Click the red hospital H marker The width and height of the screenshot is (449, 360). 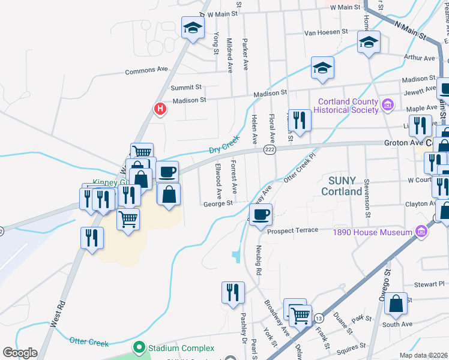coord(160,109)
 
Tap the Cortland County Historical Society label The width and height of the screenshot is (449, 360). coord(349,106)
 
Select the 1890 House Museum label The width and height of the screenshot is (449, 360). coord(380,232)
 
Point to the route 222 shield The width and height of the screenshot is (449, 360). coord(270,149)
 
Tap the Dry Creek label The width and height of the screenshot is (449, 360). coord(224,144)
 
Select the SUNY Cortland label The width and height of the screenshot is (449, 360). coord(342,185)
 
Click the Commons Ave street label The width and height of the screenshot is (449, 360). coord(146,71)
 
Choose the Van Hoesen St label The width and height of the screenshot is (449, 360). coord(326,32)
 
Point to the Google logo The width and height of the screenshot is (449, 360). coord(20,353)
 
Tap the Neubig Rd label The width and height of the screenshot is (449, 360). coord(259,259)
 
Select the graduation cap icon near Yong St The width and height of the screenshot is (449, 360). coord(193,28)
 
